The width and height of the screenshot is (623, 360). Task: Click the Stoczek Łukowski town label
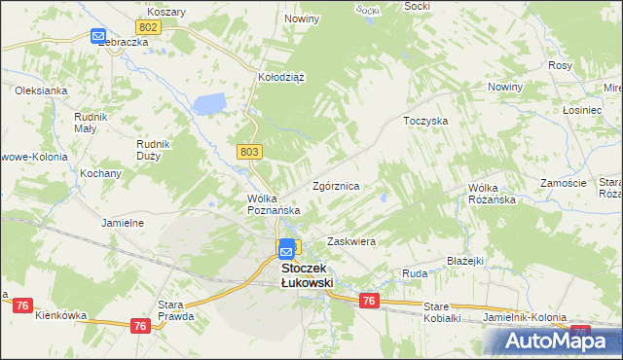pyautogui.click(x=307, y=274)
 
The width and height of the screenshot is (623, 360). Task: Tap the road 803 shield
pyautogui.click(x=248, y=151)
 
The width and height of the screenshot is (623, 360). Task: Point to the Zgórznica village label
pyautogui.click(x=337, y=185)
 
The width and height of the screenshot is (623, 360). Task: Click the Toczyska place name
pyautogui.click(x=424, y=122)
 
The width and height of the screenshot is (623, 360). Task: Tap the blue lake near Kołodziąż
pyautogui.click(x=209, y=103)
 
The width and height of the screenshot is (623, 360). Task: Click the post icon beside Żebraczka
pyautogui.click(x=99, y=37)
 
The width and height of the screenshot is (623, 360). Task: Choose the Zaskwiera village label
pyautogui.click(x=351, y=240)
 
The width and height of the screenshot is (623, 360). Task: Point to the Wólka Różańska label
pyautogui.click(x=491, y=193)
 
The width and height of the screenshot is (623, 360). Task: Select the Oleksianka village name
pyautogui.click(x=40, y=90)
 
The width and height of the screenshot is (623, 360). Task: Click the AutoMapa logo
pyautogui.click(x=556, y=341)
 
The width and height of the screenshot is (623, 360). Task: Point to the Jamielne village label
pyautogui.click(x=123, y=222)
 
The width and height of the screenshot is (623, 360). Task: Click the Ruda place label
pyautogui.click(x=415, y=274)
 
